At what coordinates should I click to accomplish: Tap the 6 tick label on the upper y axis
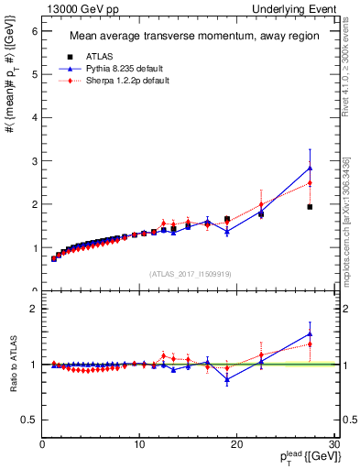(35, 30)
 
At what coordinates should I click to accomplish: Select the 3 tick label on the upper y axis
(35, 161)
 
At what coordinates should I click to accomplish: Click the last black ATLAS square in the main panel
(310, 207)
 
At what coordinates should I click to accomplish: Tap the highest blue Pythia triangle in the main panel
(310, 168)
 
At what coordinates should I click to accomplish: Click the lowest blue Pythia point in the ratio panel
(227, 378)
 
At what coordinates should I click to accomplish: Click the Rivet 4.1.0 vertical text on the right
(345, 78)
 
